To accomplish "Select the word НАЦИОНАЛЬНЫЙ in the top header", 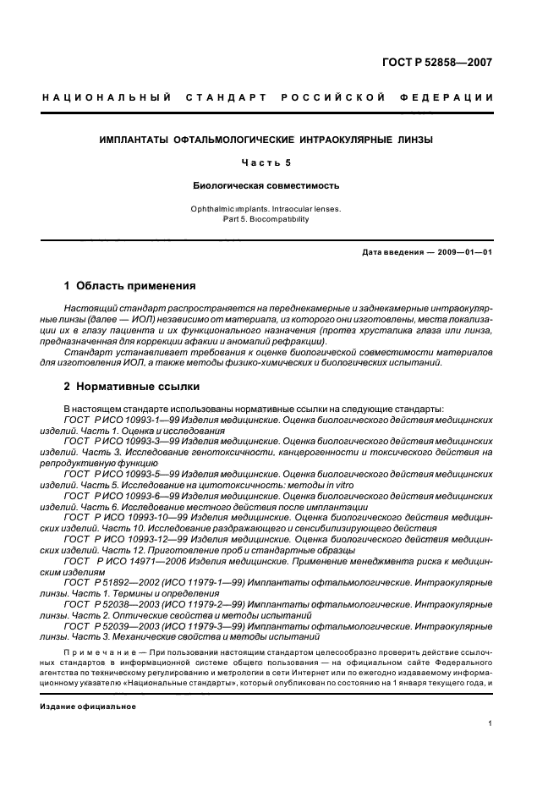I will click(107, 98).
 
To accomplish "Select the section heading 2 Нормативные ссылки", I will click(132, 387).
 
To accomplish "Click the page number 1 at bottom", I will click(490, 723).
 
